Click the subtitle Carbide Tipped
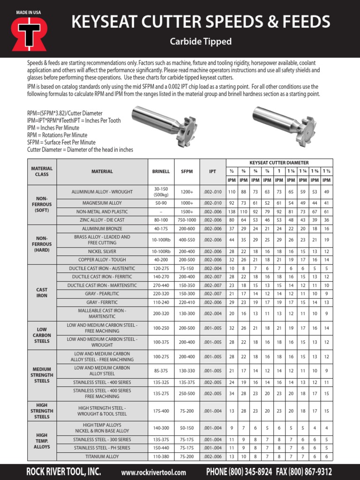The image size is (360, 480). (x=201, y=42)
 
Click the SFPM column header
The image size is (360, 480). (x=187, y=172)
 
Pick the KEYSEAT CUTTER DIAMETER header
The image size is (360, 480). (x=279, y=163)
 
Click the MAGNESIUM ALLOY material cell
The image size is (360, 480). (x=102, y=203)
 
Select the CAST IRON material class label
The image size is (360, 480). (x=42, y=293)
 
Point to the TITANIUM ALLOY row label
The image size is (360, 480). (x=102, y=456)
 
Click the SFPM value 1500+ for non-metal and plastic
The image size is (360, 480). (x=187, y=212)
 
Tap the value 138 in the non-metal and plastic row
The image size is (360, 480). (x=232, y=212)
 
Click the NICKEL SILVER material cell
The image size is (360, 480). (x=102, y=252)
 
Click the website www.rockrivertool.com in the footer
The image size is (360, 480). (x=153, y=472)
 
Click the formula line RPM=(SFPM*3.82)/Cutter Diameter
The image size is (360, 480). (x=65, y=113)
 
